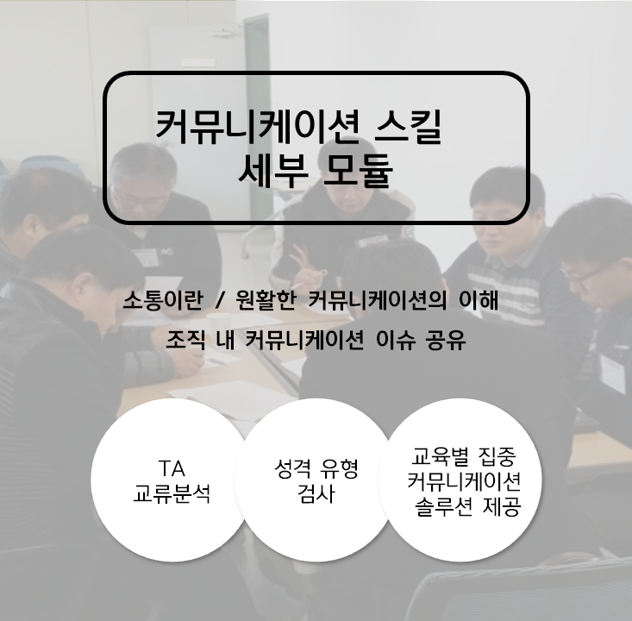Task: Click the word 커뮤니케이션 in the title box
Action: (257, 127)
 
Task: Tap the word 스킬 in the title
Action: (408, 127)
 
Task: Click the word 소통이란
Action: (162, 300)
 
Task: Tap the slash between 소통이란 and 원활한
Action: (219, 300)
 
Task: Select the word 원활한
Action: (266, 300)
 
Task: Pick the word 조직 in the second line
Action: (186, 340)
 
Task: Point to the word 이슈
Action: (396, 340)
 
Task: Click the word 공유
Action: (446, 340)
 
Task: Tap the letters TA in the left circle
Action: (172, 468)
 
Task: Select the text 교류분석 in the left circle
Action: (172, 492)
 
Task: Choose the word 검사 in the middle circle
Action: (316, 493)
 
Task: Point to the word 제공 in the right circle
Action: (502, 506)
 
